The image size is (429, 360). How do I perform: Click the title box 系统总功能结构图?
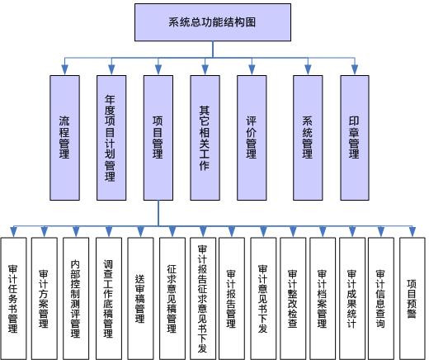click(213, 22)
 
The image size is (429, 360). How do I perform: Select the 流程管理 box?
click(64, 138)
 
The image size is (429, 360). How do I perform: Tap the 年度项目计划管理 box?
click(111, 138)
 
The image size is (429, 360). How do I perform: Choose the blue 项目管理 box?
click(158, 138)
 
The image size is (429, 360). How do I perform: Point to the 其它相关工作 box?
click(205, 138)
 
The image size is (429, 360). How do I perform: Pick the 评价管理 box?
click(252, 138)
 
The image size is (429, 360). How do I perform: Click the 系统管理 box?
click(308, 138)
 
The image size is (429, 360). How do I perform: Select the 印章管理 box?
click(355, 138)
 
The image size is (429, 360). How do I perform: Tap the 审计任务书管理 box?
click(14, 299)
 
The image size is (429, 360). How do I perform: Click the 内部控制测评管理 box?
click(76, 299)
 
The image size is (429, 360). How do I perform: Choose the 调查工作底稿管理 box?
click(109, 299)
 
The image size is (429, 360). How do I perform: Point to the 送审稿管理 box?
click(140, 299)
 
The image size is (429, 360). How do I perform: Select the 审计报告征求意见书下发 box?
click(203, 299)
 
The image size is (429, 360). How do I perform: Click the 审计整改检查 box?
click(293, 299)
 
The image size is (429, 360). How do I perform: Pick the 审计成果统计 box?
click(352, 299)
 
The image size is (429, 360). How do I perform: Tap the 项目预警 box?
click(412, 299)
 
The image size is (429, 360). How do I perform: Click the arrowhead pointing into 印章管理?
click(355, 70)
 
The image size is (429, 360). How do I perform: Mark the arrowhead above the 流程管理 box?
click(64, 70)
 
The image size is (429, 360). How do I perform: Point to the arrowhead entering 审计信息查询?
click(381, 232)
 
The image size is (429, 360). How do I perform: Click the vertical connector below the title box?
click(213, 50)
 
